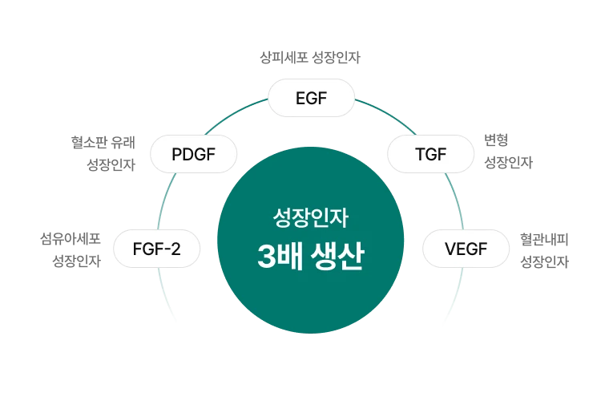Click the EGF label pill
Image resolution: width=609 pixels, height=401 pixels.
tap(311, 99)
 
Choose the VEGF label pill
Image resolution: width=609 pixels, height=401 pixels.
tap(466, 249)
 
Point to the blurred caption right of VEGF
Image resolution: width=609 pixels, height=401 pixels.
tap(546, 249)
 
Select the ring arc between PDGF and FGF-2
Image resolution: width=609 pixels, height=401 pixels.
tap(169, 196)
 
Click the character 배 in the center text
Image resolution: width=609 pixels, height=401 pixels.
tap(291, 257)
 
